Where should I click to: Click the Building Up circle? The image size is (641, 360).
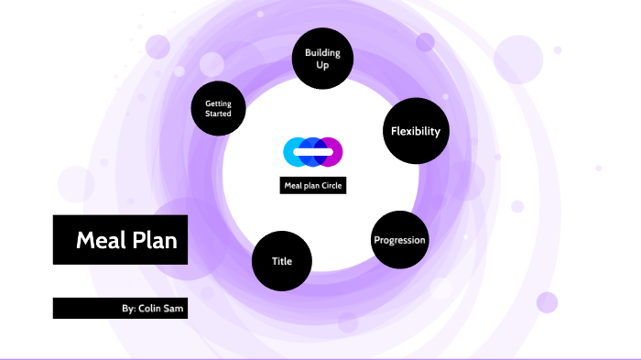click(x=322, y=58)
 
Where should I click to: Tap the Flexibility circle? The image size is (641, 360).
click(x=415, y=131)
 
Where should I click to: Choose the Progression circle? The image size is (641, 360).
click(x=399, y=240)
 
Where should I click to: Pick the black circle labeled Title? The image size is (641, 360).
click(x=282, y=261)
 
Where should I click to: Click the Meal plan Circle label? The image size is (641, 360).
click(x=313, y=186)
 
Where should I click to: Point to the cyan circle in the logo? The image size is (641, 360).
click(x=295, y=151)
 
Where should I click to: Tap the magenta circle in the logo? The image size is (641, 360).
click(x=332, y=151)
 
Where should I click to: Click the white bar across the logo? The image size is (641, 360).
click(x=313, y=151)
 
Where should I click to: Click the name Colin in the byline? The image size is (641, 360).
click(x=152, y=309)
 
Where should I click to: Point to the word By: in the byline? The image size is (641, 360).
click(x=128, y=309)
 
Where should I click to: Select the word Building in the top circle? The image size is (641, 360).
click(x=322, y=52)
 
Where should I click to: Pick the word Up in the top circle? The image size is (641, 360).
click(x=322, y=65)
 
